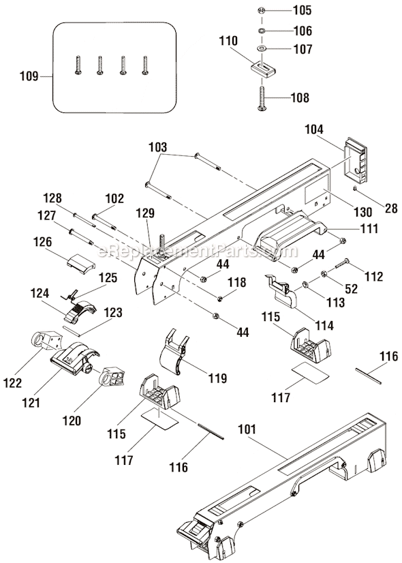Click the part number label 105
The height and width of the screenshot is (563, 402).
[301, 10]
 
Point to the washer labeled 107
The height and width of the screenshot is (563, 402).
[262, 49]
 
